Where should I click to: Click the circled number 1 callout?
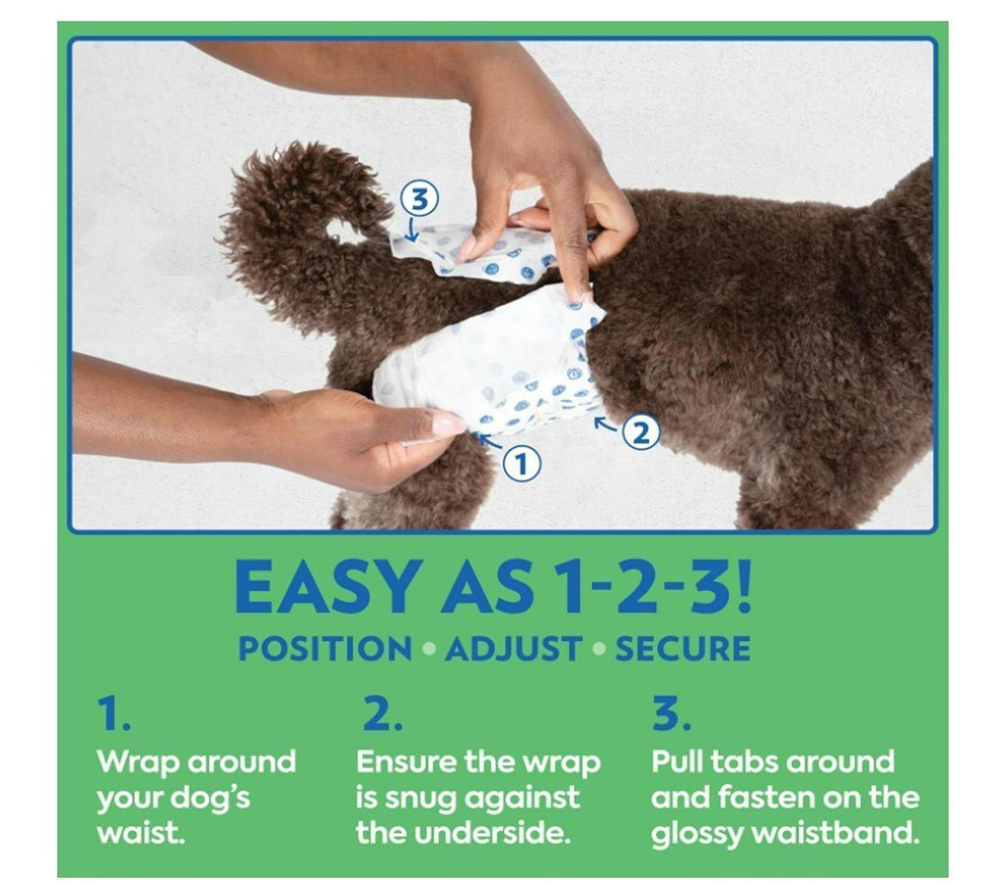(521, 464)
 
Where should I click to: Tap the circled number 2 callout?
(641, 433)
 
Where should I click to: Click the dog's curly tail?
(287, 205)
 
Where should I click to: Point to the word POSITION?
(325, 649)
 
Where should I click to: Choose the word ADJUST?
(513, 649)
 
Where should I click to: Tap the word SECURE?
(682, 649)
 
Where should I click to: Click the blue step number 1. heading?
(114, 714)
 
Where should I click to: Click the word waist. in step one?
(141, 833)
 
